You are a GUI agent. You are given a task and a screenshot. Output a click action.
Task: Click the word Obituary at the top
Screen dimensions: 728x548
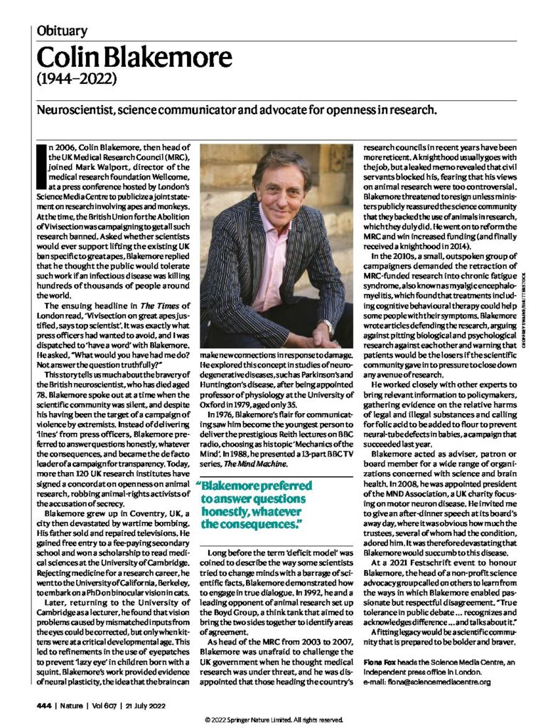coord(62,31)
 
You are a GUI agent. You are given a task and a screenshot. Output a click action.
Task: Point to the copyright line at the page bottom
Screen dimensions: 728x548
coord(274,719)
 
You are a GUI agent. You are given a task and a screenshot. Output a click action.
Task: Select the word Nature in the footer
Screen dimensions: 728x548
coord(75,705)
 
